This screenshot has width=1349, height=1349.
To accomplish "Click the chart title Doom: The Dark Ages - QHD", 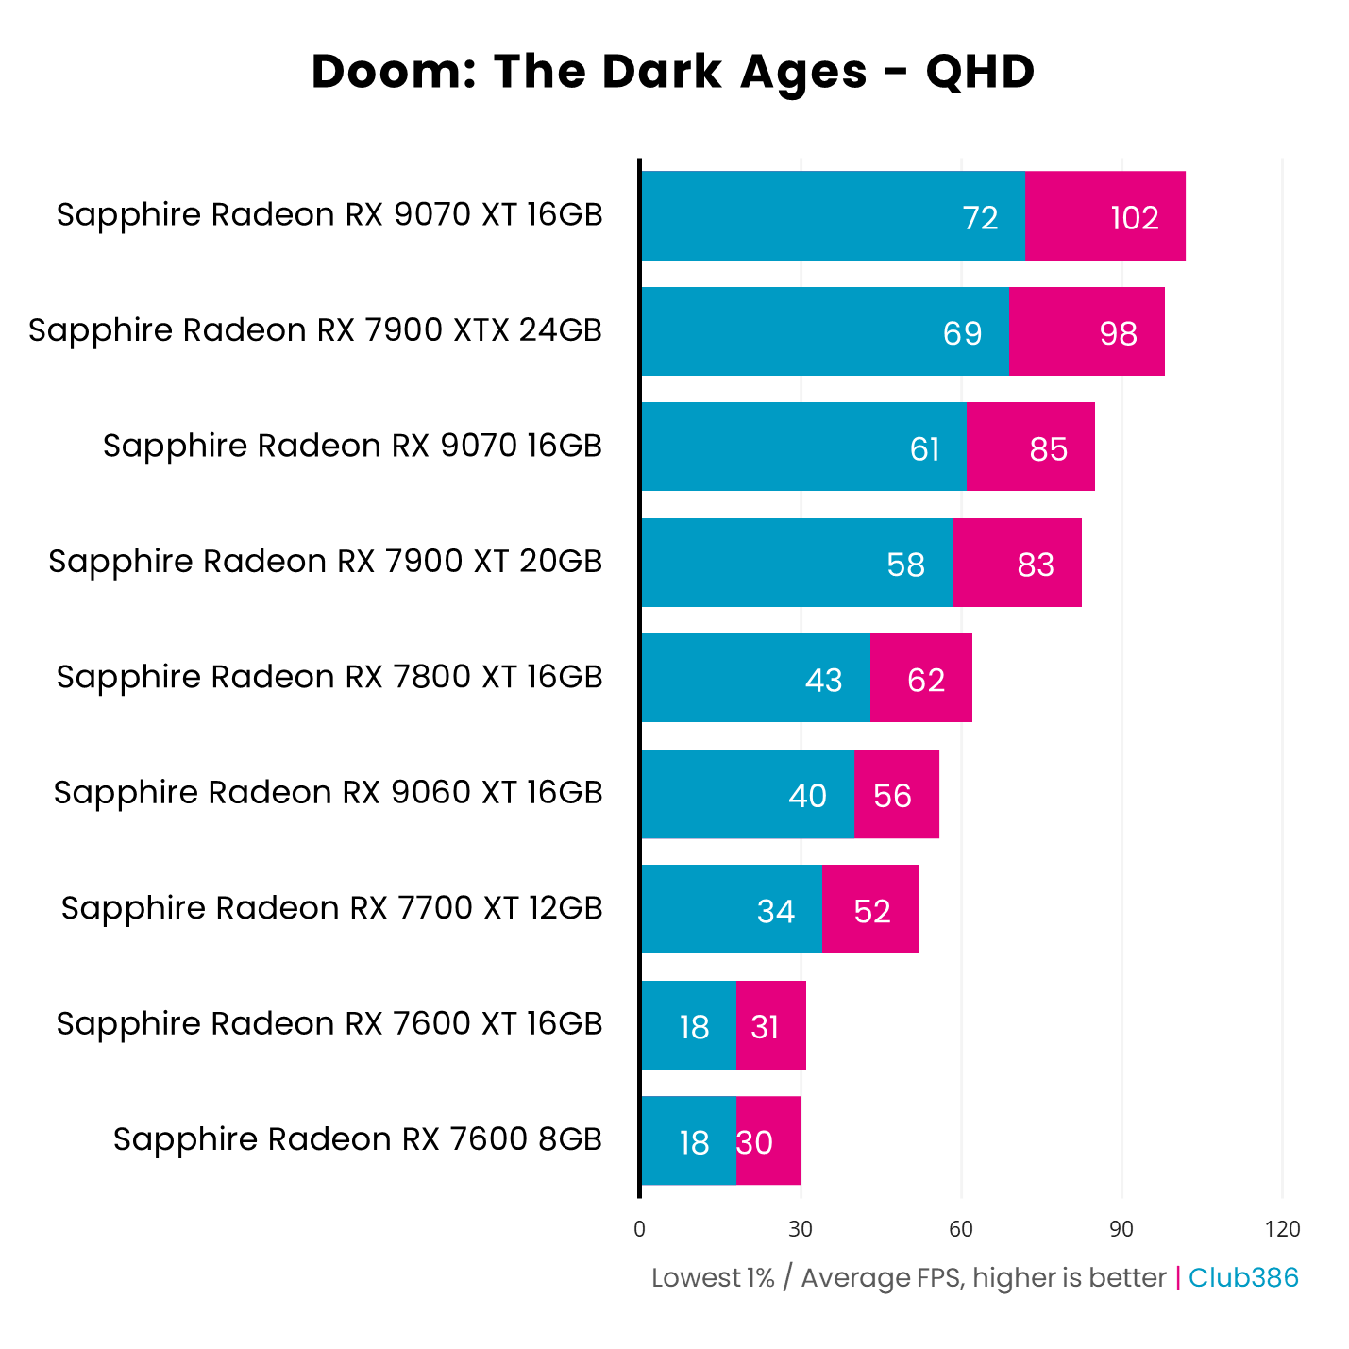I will [673, 72].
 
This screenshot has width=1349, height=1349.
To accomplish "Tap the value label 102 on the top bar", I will [1134, 218].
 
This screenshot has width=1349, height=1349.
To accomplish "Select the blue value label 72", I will [980, 218].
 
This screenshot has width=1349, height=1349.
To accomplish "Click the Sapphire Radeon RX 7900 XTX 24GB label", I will [315, 330].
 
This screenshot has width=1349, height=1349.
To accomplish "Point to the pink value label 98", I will [1118, 333].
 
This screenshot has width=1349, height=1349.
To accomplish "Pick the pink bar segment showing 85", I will [1030, 447].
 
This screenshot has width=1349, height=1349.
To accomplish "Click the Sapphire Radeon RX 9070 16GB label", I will [352, 446].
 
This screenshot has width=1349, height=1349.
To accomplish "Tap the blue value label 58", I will [905, 565].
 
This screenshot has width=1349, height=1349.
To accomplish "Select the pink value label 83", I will [1036, 565].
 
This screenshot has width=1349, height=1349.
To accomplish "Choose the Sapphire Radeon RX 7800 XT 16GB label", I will [329, 677].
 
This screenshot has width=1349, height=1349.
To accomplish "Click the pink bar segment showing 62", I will [920, 678].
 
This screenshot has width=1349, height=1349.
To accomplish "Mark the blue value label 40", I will [807, 796].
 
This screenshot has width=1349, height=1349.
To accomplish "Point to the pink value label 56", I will [892, 796].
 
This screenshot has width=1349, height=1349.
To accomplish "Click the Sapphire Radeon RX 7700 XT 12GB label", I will [331, 908].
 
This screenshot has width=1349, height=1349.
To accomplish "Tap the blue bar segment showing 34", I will [732, 909].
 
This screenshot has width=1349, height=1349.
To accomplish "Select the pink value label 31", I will [765, 1027].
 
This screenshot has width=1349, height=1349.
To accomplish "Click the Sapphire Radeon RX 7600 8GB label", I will [358, 1139].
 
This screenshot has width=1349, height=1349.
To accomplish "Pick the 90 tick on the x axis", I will [1121, 1229].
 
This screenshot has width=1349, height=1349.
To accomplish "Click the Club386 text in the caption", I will [1243, 1277].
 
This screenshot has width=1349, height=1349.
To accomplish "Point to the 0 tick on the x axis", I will [640, 1229].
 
